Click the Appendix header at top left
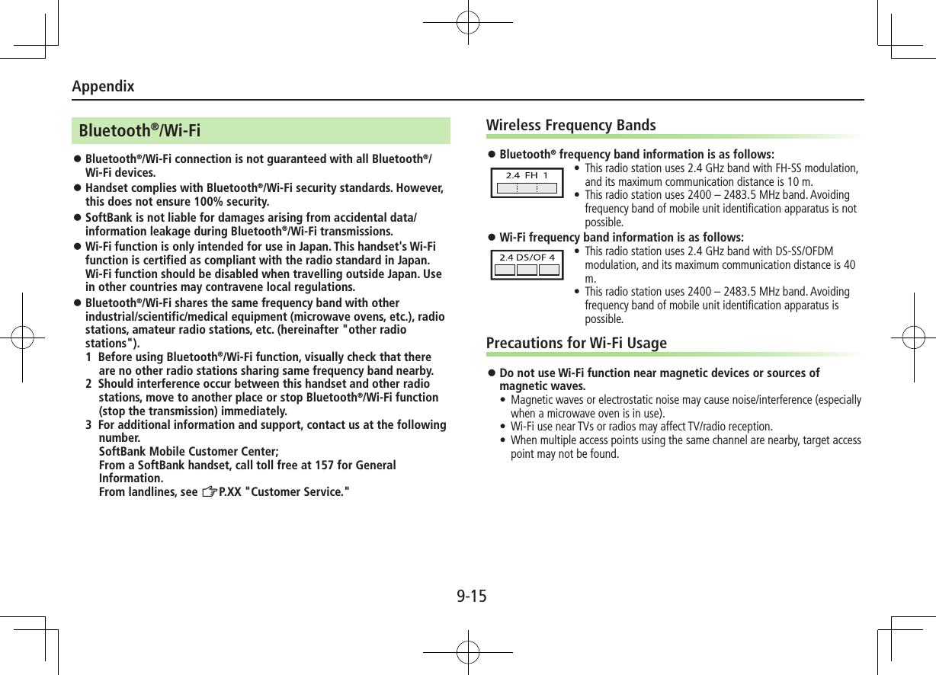(x=103, y=86)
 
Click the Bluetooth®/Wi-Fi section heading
(x=139, y=131)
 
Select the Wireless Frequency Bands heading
(x=570, y=125)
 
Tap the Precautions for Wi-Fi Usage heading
(x=576, y=343)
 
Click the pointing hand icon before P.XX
(x=210, y=492)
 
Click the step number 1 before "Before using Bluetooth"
(x=89, y=357)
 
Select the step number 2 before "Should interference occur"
(x=89, y=384)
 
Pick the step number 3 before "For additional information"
(x=89, y=424)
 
